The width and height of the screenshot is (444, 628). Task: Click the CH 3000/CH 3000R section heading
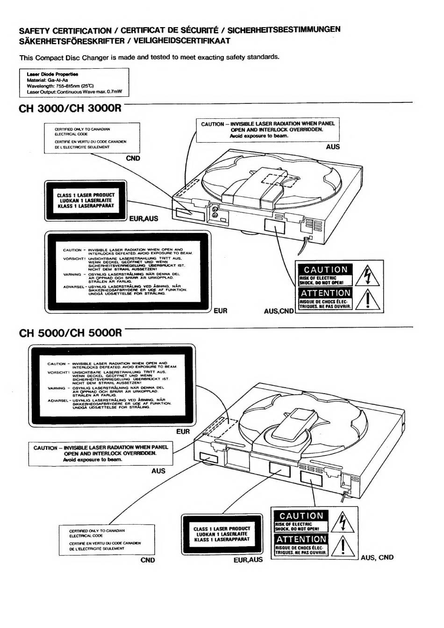pyautogui.click(x=70, y=108)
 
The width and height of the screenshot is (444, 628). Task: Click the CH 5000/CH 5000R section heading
pyautogui.click(x=70, y=333)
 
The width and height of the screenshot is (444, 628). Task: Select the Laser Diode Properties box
pyautogui.click(x=74, y=83)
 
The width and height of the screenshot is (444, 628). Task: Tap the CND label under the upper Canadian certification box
pyautogui.click(x=133, y=158)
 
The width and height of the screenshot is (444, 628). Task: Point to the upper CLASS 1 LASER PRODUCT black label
pyautogui.click(x=86, y=201)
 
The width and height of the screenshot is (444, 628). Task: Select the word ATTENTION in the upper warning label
pyautogui.click(x=326, y=293)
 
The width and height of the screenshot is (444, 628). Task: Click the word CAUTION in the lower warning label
pyautogui.click(x=301, y=516)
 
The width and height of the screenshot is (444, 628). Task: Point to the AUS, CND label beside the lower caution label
pyautogui.click(x=377, y=557)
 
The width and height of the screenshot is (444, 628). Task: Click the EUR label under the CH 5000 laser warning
pyautogui.click(x=183, y=432)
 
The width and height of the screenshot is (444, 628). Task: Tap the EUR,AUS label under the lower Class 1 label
pyautogui.click(x=248, y=560)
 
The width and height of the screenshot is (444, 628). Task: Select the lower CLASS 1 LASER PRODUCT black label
pyautogui.click(x=222, y=534)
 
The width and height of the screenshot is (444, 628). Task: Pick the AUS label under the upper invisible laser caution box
pyautogui.click(x=333, y=147)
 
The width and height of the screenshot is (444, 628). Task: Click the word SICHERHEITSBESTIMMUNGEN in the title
pyautogui.click(x=287, y=29)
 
